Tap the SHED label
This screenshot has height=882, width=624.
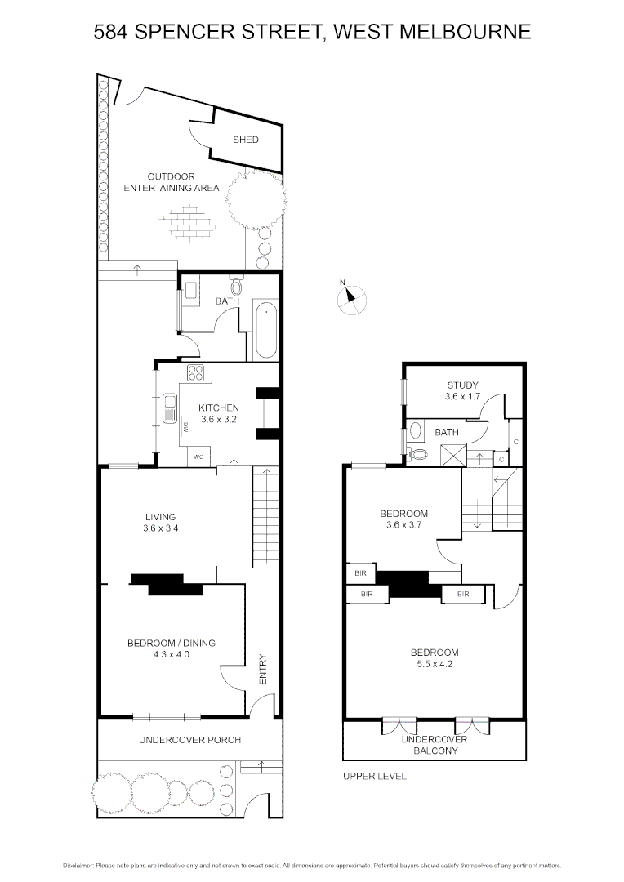click(245, 140)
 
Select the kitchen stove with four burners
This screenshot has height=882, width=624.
click(197, 373)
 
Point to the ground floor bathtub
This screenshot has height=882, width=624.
click(266, 331)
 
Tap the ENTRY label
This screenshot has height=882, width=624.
click(263, 668)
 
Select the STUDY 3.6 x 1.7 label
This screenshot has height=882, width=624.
click(461, 390)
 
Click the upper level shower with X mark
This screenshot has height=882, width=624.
click(452, 455)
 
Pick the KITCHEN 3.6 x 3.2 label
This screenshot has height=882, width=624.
click(219, 413)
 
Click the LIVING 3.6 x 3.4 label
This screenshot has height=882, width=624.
click(161, 522)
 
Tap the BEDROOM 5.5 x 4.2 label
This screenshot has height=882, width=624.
click(434, 658)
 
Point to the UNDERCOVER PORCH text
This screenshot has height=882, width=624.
click(189, 740)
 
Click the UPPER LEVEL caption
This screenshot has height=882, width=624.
click(374, 776)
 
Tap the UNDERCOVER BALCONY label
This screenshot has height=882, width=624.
click(434, 744)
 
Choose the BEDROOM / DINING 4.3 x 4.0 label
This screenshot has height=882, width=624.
click(171, 648)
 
